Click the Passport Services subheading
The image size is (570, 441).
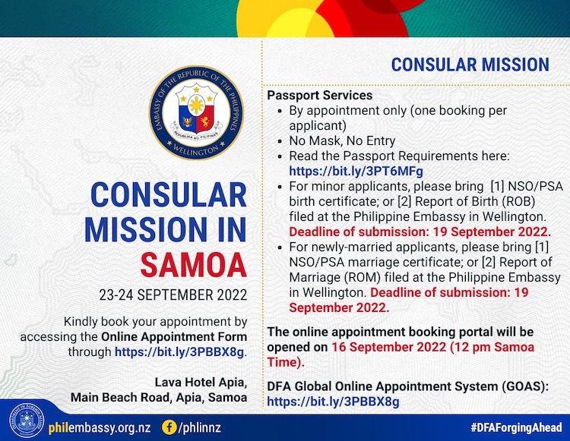320,96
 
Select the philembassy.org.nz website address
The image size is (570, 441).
90,427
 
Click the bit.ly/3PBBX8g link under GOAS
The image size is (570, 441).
333,402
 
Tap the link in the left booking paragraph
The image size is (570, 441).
179,352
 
